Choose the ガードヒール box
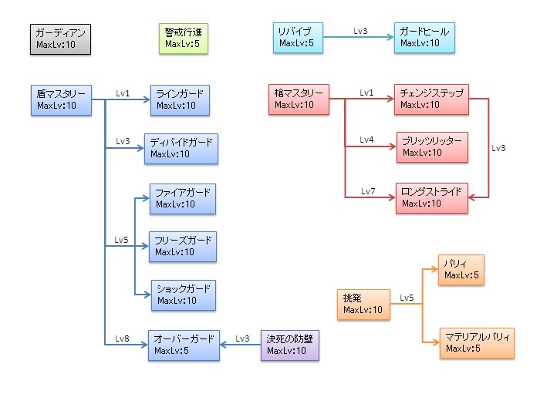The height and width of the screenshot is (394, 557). coord(424,38)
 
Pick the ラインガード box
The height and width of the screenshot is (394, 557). coord(180,100)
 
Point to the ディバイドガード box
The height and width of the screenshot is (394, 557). coord(181,149)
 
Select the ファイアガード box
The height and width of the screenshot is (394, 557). coord(183,199)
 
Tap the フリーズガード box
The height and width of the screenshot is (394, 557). coord(183,247)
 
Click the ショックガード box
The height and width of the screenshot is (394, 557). coord(183,295)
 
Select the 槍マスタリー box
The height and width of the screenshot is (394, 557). coord(299,99)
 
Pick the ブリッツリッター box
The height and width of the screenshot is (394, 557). coord(432,147)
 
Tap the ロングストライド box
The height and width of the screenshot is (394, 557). coord(432,197)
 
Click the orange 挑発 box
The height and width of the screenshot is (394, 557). coord(363,305)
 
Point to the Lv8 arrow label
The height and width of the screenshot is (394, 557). coord(122,338)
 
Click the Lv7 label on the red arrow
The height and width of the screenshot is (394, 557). coord(367,190)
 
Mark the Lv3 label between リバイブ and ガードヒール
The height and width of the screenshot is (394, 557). coord(360,31)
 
